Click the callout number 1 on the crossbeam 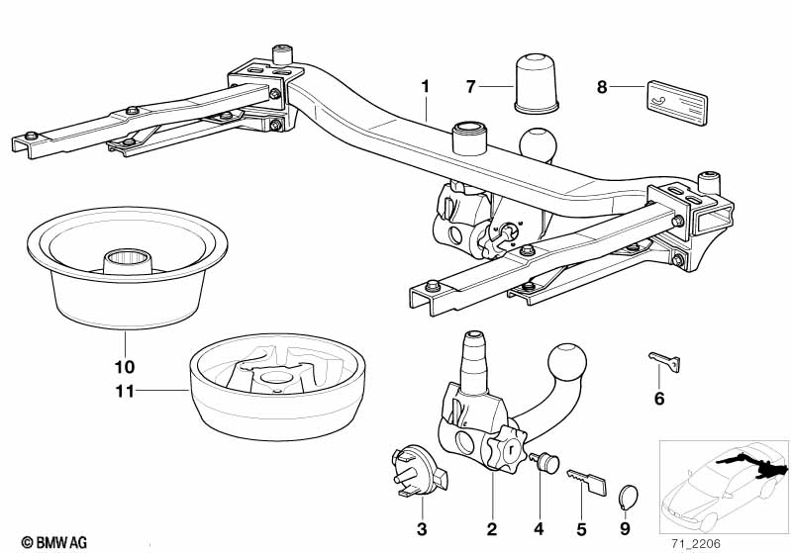click(x=426, y=87)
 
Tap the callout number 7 click(x=470, y=87)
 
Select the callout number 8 click(x=602, y=87)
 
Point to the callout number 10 click(x=125, y=366)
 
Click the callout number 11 click(x=125, y=391)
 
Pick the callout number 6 click(x=659, y=399)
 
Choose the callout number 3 click(x=422, y=529)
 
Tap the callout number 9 click(x=625, y=529)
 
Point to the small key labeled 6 click(x=664, y=361)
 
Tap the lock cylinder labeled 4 click(x=545, y=462)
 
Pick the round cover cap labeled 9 click(x=628, y=498)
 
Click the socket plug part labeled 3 click(x=418, y=471)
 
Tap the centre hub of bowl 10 click(x=128, y=261)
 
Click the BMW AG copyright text click(x=54, y=542)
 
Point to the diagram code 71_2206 click(x=696, y=543)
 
